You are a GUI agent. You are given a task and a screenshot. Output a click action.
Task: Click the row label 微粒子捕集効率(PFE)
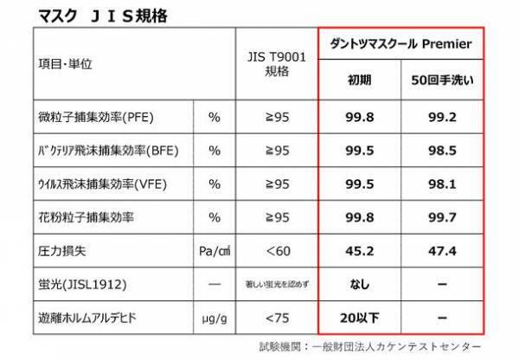tap(103, 116)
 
